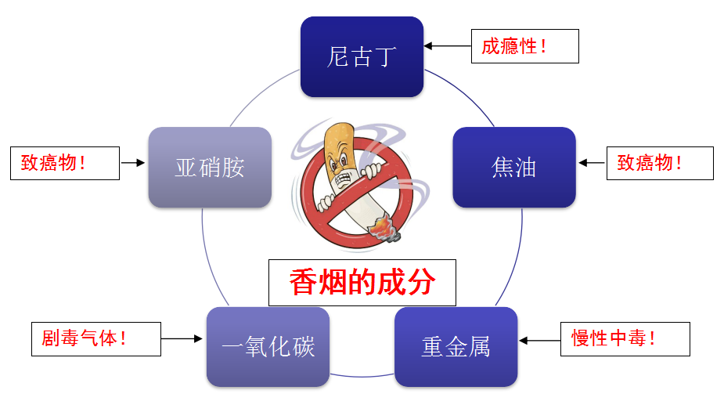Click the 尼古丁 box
[x=362, y=57]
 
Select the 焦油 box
[x=514, y=167]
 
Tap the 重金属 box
[x=456, y=347]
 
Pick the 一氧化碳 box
[x=268, y=347]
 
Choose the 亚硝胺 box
[x=210, y=167]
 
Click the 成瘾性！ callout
[x=525, y=46]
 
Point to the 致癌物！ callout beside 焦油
[x=660, y=163]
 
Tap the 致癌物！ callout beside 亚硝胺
[x=65, y=163]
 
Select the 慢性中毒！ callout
[x=625, y=339]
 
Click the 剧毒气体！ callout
[x=96, y=339]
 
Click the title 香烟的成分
[x=362, y=283]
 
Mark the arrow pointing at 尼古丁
[x=448, y=45]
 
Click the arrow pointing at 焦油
[x=592, y=163]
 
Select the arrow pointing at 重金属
[x=540, y=341]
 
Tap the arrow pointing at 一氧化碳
[x=182, y=338]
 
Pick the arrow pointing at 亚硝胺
[x=133, y=163]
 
